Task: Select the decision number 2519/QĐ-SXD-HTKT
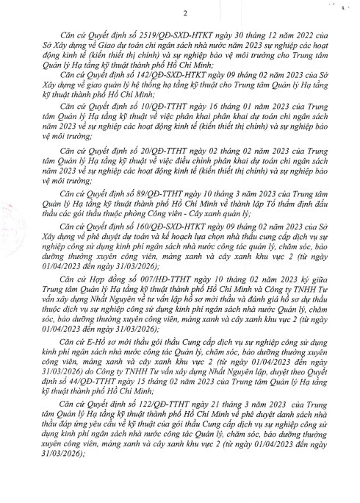pos(155,35)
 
